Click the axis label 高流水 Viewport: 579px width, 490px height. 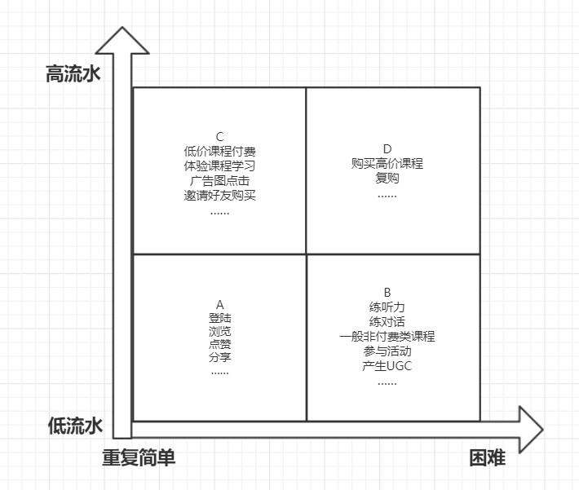[x=73, y=73]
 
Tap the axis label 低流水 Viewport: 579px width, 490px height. [x=75, y=426]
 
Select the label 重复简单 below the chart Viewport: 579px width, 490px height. [x=139, y=457]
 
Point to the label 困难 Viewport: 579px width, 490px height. [x=488, y=458]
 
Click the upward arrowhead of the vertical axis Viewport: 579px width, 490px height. [x=122, y=40]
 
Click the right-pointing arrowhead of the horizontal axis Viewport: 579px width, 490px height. [x=532, y=430]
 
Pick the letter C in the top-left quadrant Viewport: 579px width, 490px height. [x=219, y=137]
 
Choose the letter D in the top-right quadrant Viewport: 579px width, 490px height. [x=387, y=149]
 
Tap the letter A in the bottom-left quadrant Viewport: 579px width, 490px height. [x=219, y=305]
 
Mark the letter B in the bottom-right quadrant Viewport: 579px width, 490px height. [x=387, y=293]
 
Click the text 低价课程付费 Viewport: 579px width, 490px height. [x=219, y=152]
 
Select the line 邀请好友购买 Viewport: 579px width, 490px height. [x=219, y=196]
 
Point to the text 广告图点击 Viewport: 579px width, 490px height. [x=219, y=180]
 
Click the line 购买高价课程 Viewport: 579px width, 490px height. [x=387, y=163]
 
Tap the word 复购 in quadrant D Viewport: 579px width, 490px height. [x=387, y=178]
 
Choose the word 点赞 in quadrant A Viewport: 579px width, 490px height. [x=219, y=344]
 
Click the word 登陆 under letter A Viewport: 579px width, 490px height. [x=219, y=317]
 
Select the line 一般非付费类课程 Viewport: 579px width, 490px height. [x=387, y=337]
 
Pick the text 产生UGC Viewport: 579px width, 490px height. [x=387, y=366]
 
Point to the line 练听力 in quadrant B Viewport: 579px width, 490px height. [x=387, y=307]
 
